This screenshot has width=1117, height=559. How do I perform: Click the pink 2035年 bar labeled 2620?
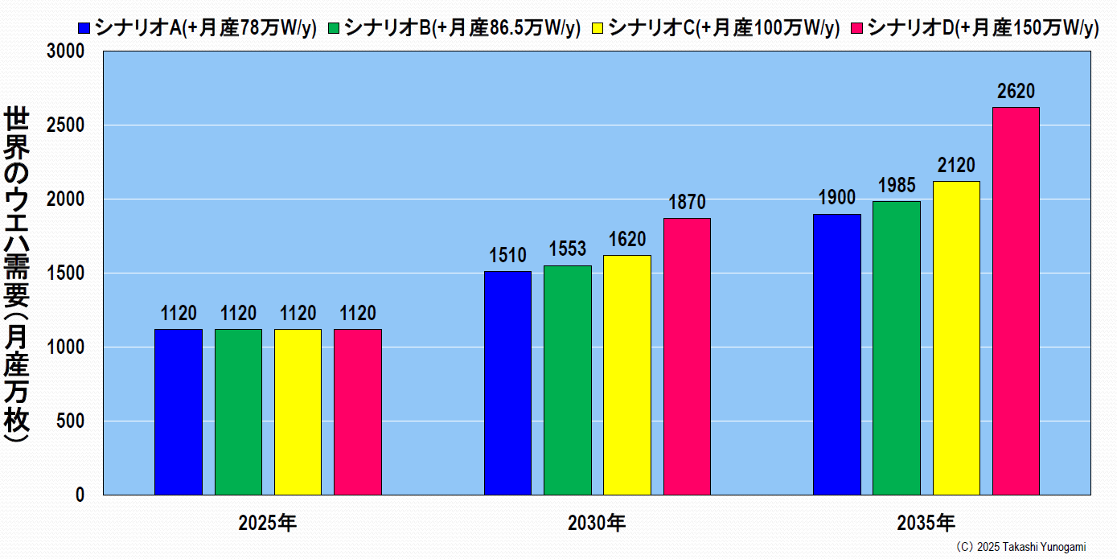click(x=1016, y=301)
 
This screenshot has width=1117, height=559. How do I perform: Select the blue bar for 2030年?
click(x=507, y=383)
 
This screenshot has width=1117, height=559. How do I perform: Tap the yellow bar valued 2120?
click(x=956, y=338)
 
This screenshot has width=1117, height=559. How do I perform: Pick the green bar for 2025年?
click(x=238, y=412)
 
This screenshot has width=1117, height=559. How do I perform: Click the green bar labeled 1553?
click(x=567, y=380)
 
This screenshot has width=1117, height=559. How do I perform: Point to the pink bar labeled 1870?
click(x=687, y=356)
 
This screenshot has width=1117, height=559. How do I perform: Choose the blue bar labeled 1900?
click(x=836, y=354)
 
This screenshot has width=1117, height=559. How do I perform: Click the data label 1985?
click(x=897, y=186)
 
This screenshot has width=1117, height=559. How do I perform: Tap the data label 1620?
click(x=627, y=240)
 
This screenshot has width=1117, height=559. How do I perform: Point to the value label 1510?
click(x=507, y=256)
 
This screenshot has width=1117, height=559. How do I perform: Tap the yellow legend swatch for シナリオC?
click(x=596, y=29)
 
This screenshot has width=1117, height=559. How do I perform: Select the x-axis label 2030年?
click(x=597, y=524)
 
